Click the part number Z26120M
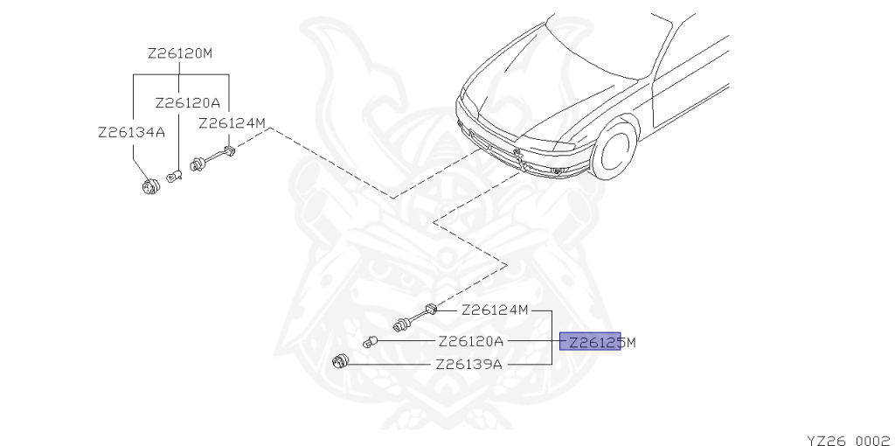pyautogui.click(x=180, y=54)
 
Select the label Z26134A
pyautogui.click(x=131, y=133)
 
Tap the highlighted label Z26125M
pyautogui.click(x=598, y=342)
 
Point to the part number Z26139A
pyautogui.click(x=468, y=364)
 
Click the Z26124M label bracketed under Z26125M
pyautogui.click(x=495, y=310)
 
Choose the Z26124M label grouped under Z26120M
pyautogui.click(x=232, y=123)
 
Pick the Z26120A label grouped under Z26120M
pyautogui.click(x=187, y=103)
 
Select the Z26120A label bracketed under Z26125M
pyautogui.click(x=470, y=342)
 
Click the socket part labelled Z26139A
pyautogui.click(x=342, y=362)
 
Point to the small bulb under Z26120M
pyautogui.click(x=175, y=178)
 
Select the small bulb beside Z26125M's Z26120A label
pyautogui.click(x=371, y=341)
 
